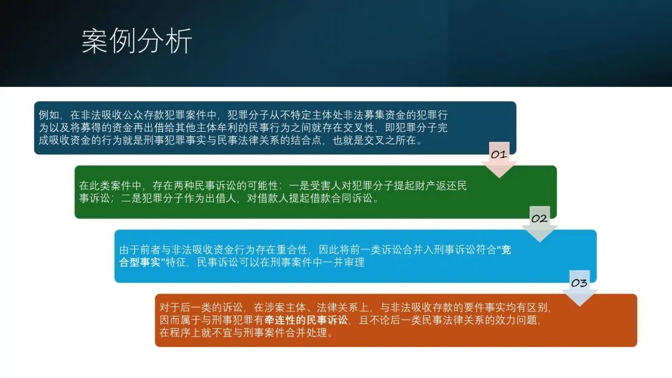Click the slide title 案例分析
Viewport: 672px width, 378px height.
pyautogui.click(x=137, y=41)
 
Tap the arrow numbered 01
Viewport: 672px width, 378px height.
pyautogui.click(x=499, y=160)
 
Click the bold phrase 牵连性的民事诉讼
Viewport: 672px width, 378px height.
pyautogui.click(x=306, y=320)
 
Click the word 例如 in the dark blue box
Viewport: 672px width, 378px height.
pyautogui.click(x=49, y=115)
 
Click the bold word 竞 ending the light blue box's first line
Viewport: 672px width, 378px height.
pyautogui.click(x=506, y=250)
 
